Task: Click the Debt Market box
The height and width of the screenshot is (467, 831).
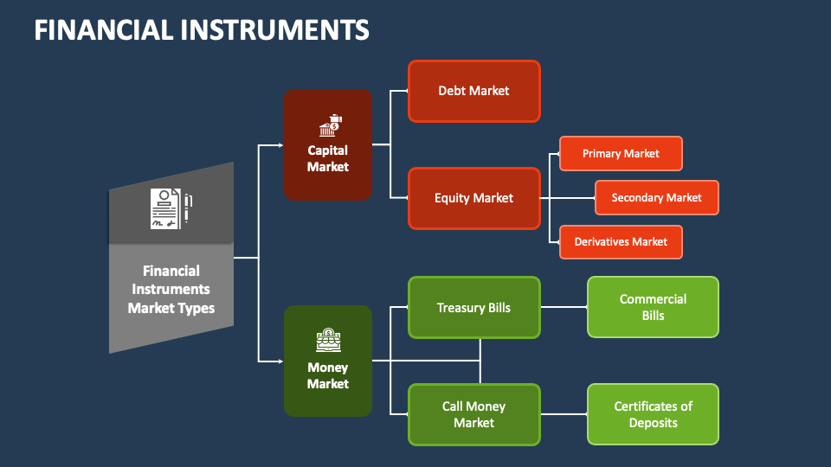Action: pos(474,91)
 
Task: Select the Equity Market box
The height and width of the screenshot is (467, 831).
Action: pos(474,198)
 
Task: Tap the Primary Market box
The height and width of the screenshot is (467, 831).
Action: pos(621,154)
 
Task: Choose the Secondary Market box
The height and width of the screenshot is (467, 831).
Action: pos(657,197)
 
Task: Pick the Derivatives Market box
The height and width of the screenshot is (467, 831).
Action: pos(621,242)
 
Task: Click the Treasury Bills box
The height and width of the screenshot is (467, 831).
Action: pos(474,307)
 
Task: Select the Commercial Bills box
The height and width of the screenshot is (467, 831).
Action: pos(653,307)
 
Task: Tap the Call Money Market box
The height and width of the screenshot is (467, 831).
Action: pos(474,414)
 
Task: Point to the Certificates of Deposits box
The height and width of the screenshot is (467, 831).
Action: pos(653,414)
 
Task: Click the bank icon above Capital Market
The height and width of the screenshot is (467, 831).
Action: pos(331,125)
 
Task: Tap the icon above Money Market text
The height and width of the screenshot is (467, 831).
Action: pos(329,341)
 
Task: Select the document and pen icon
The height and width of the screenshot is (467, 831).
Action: pos(171,209)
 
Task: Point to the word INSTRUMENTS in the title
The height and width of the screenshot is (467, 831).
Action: pos(274,29)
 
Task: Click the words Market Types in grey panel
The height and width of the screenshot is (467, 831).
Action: pos(171,308)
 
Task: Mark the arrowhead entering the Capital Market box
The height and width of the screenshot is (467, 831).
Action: pos(280,145)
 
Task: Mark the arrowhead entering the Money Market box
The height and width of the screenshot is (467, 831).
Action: pos(280,361)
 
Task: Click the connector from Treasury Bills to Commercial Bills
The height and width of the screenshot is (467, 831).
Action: pos(564,307)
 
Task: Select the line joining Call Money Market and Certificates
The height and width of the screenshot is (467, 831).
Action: pos(564,414)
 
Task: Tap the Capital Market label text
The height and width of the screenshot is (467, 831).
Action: pos(328,158)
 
